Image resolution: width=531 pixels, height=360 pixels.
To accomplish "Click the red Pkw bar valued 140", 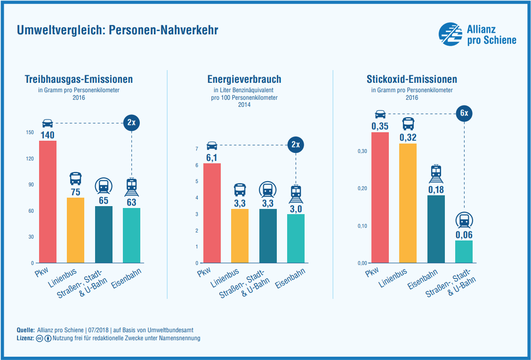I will click(x=48, y=201).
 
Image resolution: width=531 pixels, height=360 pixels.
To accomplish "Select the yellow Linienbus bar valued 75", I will click(x=75, y=230).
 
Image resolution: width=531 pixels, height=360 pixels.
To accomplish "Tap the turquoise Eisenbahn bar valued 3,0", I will click(x=296, y=238).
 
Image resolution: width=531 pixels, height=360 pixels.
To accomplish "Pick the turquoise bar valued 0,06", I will click(x=464, y=251).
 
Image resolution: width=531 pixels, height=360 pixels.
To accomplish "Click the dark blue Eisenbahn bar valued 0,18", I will click(x=436, y=229).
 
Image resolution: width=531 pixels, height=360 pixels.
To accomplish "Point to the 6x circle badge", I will click(x=464, y=113).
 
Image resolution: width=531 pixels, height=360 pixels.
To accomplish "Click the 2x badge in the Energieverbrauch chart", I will click(x=296, y=144).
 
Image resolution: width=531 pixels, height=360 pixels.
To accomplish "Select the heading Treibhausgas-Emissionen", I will click(x=79, y=80).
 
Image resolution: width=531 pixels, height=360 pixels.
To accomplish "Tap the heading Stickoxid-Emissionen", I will click(x=411, y=80).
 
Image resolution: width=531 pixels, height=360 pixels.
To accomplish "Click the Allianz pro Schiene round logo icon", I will click(x=451, y=34).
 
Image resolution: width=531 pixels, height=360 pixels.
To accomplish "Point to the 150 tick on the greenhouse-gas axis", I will click(x=30, y=133).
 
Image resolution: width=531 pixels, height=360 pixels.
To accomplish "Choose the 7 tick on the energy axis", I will click(x=196, y=149).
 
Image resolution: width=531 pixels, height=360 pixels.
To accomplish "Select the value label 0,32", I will click(x=408, y=137).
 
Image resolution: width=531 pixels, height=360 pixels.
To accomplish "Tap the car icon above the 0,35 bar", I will click(x=380, y=114).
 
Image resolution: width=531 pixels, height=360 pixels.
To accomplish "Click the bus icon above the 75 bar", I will click(x=75, y=178).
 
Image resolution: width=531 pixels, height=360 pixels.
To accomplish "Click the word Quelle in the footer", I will click(x=25, y=330).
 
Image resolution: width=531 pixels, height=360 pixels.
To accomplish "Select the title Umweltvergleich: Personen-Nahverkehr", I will click(x=117, y=31).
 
